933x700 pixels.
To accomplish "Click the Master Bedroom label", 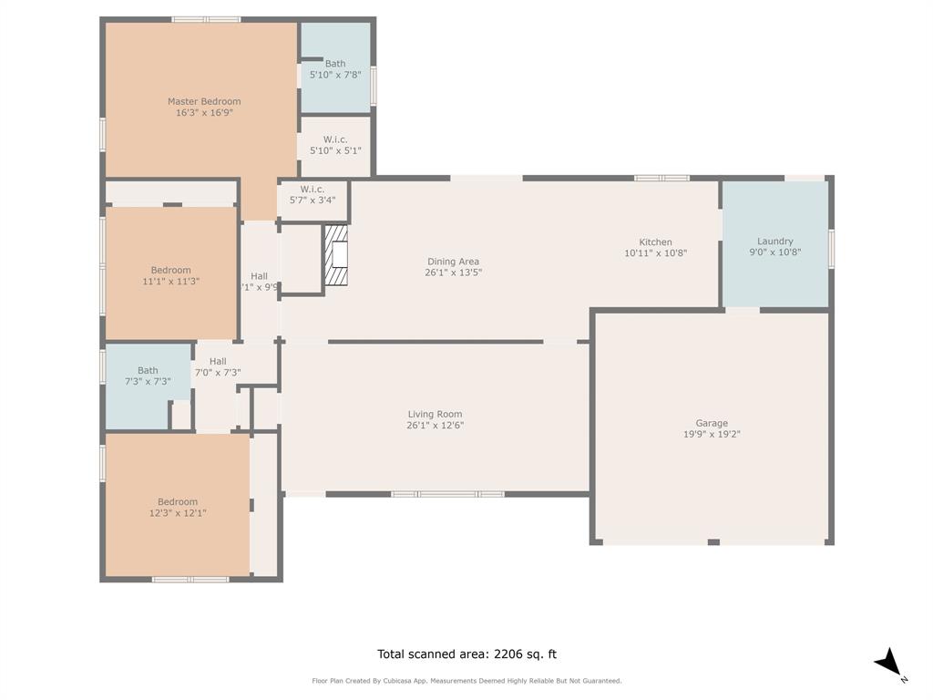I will point(204,101).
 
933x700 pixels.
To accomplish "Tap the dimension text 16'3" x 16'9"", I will point(204,113).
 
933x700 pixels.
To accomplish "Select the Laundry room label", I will point(774,242).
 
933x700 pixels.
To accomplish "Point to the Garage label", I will point(712,423).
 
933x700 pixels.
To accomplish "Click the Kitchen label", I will point(655,242).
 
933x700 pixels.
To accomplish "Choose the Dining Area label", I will point(453,262).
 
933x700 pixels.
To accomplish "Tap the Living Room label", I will point(436,414).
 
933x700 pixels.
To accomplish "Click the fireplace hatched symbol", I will point(338,256).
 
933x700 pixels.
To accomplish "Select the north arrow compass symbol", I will point(889,663).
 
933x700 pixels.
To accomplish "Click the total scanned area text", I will point(466,654).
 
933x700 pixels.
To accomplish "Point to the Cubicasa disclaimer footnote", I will point(466,681).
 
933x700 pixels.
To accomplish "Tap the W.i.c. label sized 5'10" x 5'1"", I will point(335,139).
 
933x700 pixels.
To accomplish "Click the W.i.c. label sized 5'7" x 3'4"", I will point(313,189).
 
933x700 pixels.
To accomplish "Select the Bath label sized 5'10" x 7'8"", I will point(335,64).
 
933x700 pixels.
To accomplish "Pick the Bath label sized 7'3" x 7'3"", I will point(148,370).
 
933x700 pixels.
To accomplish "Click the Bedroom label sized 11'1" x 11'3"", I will point(170,270).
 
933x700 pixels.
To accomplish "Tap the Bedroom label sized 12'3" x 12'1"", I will point(177,501).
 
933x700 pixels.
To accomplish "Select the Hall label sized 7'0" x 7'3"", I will point(217,361).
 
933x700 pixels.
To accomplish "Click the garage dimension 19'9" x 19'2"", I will point(712,435).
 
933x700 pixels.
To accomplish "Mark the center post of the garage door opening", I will point(713,542).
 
